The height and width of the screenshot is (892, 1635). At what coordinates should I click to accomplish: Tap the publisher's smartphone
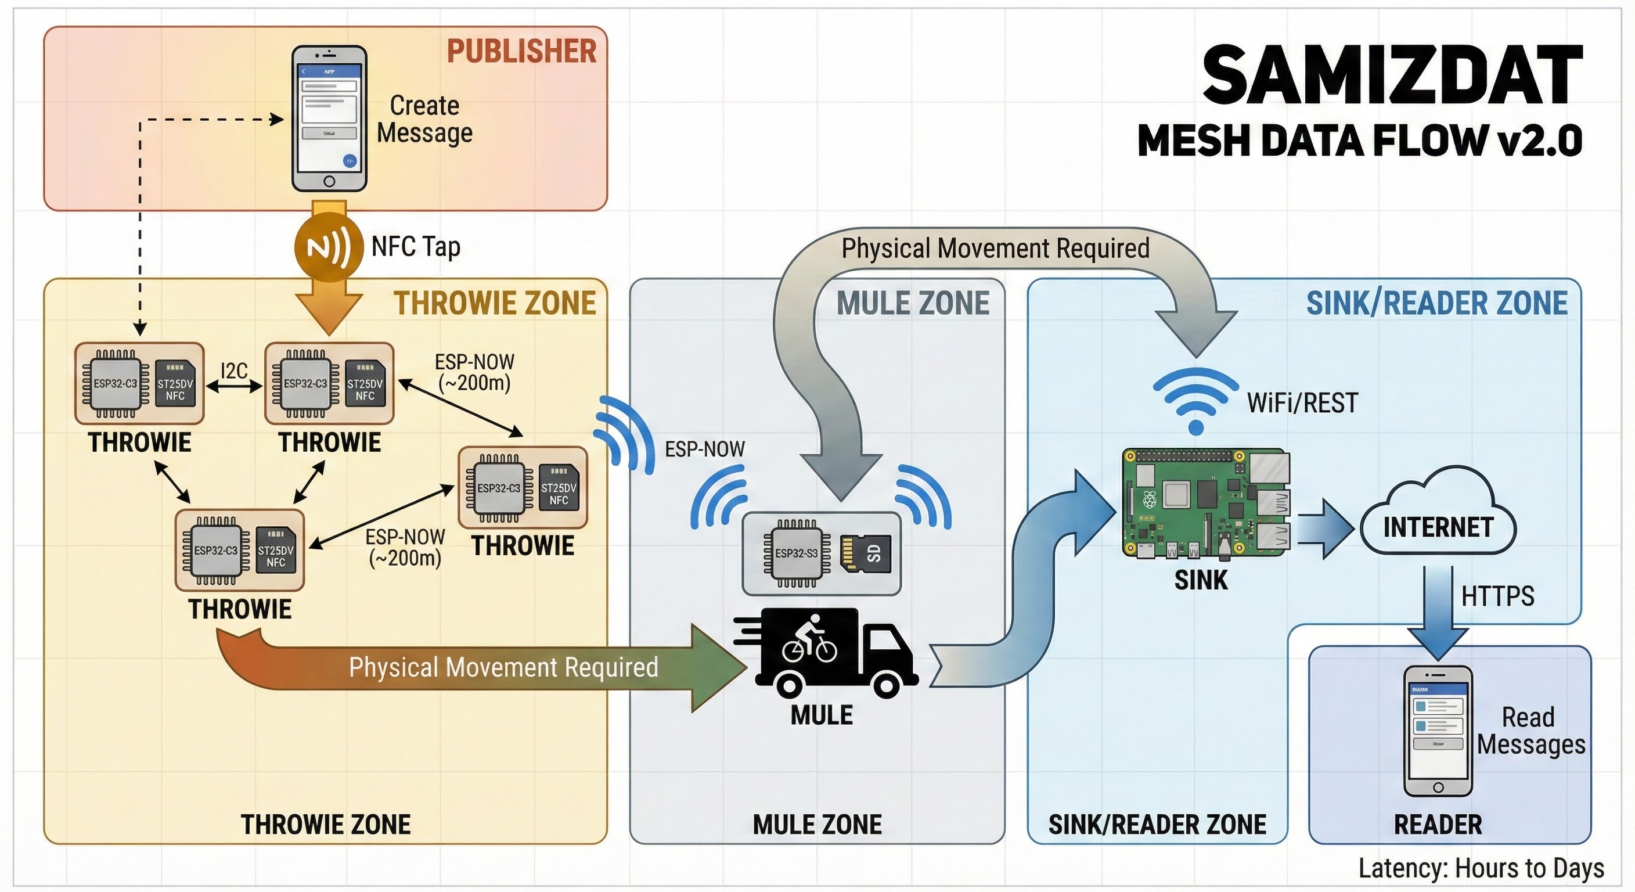point(329,118)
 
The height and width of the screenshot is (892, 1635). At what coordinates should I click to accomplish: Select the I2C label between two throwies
point(234,370)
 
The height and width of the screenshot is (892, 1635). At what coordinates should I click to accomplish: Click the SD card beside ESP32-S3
point(866,553)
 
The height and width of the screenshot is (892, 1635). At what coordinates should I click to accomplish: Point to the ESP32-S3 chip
point(796,553)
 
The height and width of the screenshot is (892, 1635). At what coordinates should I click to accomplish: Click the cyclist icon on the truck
point(809,638)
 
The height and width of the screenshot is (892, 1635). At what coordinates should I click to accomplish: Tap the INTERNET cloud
point(1438,517)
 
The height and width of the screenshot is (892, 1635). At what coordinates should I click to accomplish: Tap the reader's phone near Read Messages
point(1438,731)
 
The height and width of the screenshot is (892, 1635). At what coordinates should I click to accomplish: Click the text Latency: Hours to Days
point(1481,868)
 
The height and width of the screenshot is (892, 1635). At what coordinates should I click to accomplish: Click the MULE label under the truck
point(822,715)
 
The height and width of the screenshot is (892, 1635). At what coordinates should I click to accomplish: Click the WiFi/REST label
point(1302,403)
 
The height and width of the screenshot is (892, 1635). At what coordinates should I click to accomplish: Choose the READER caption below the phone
point(1438,824)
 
